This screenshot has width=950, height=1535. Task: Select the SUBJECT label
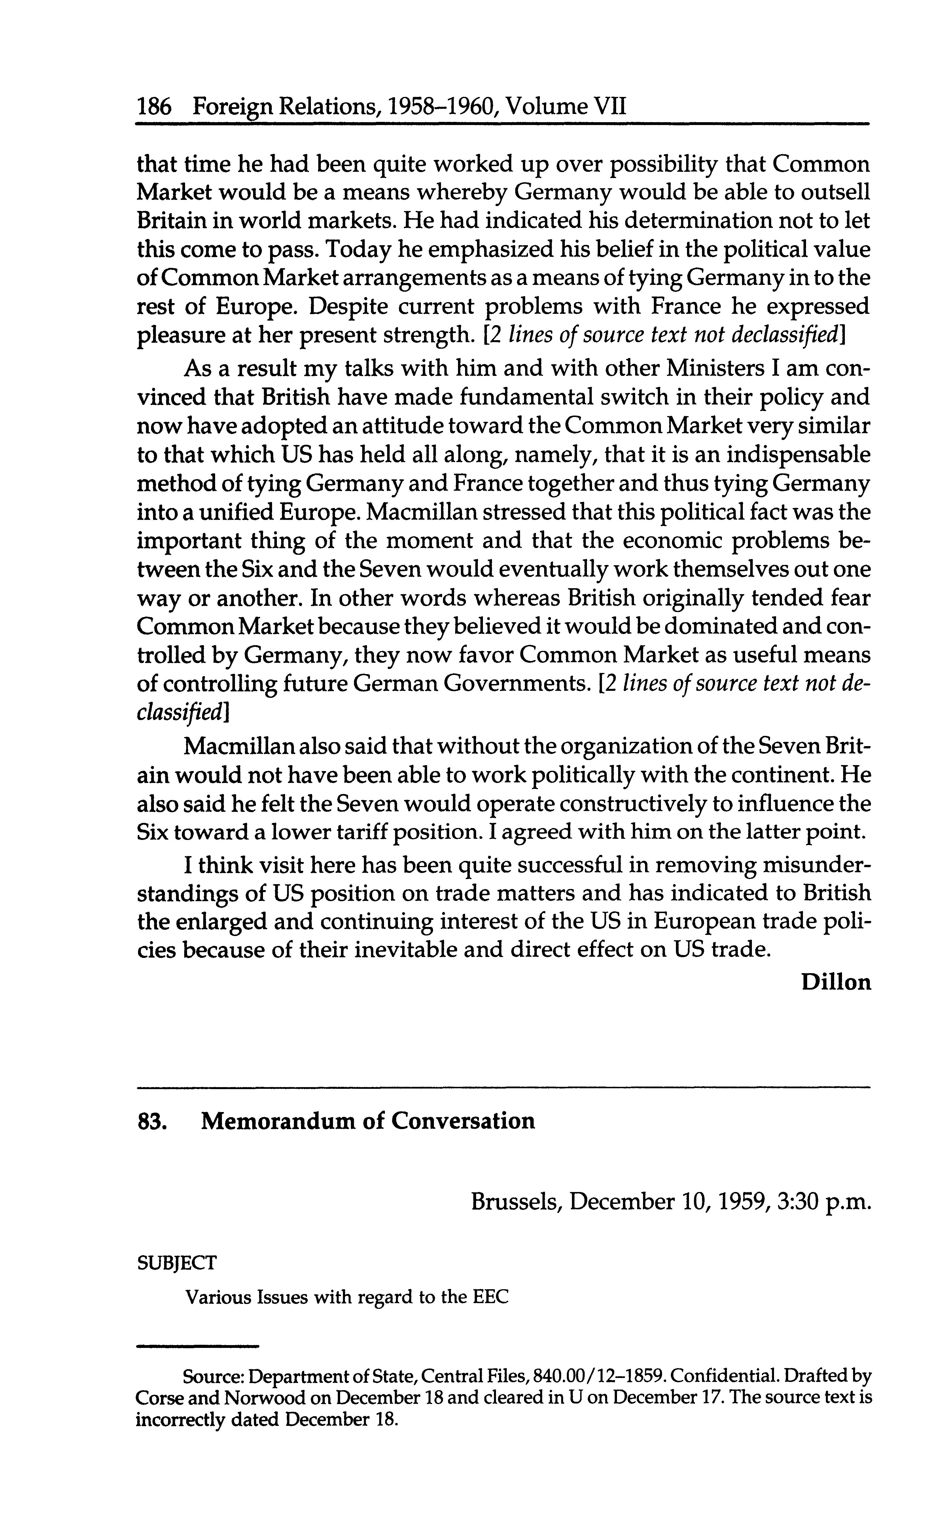point(177,1262)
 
